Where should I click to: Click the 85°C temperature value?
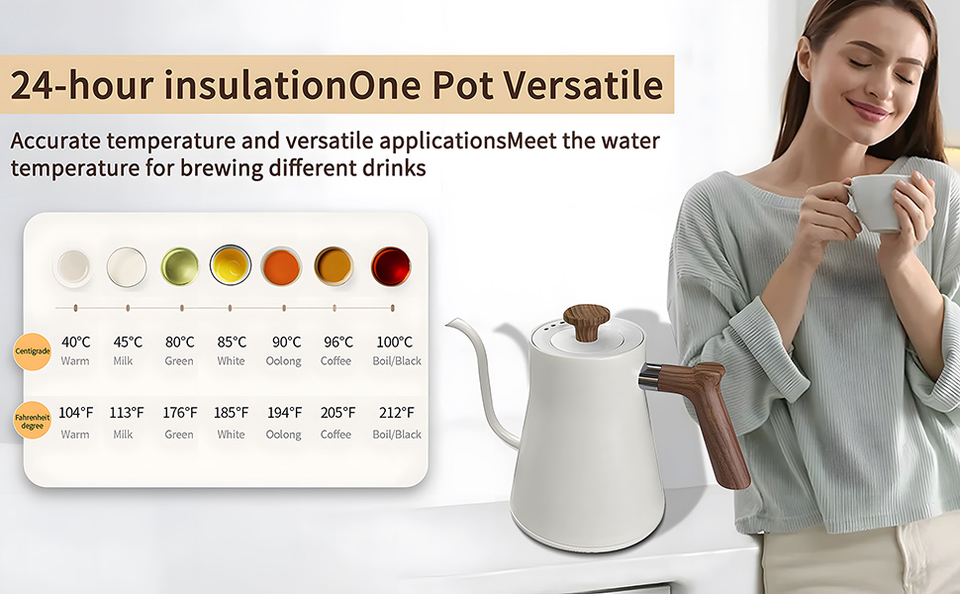pos(232,343)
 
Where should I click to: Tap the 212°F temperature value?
pos(396,413)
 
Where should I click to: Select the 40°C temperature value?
pos(75,343)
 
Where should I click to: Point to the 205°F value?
pos(336,413)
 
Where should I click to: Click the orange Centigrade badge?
pos(32,350)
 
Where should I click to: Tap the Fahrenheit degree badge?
pos(32,423)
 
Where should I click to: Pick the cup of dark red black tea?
pos(390,266)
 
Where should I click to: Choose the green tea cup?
pos(179,266)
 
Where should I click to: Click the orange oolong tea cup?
pos(282,266)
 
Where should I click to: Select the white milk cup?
pos(127,266)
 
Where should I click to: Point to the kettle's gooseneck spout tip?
pos(449,322)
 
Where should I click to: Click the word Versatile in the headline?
pos(586,85)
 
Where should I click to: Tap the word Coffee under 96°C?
pos(336,361)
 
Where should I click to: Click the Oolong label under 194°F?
pos(283,435)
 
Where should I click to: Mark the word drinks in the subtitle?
pos(393,168)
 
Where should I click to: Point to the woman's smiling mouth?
pos(867,109)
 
